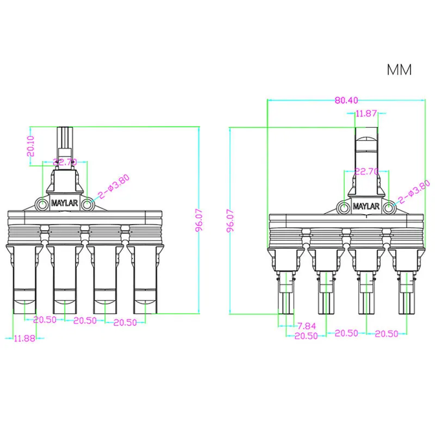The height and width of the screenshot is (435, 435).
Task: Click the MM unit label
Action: [x=399, y=70]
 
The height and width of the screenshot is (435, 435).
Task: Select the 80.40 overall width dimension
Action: [x=346, y=101]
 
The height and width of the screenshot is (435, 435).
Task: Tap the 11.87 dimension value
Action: [x=366, y=114]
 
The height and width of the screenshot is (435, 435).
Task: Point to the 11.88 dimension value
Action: [x=23, y=338]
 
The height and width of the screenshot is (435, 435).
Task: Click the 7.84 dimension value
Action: [x=306, y=326]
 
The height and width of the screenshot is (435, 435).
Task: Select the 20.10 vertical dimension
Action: [x=31, y=146]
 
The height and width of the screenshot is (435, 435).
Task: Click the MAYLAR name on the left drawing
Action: [x=64, y=203]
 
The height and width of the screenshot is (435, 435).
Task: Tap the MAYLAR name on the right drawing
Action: [x=365, y=207]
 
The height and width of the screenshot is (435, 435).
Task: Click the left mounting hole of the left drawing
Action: [x=42, y=203]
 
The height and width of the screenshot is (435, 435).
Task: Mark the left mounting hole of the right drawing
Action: [x=344, y=207]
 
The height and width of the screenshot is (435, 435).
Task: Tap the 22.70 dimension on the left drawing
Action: [x=64, y=162]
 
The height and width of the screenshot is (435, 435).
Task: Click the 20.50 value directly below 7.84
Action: [x=306, y=336]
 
